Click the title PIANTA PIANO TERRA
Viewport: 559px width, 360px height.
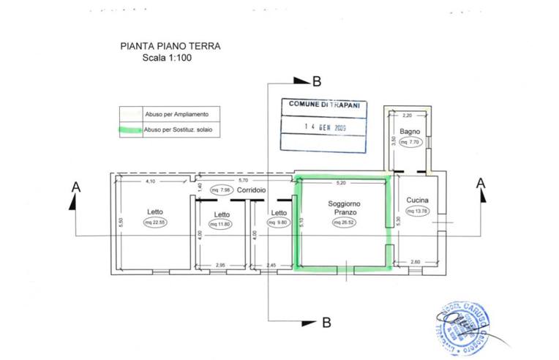tap(170, 45)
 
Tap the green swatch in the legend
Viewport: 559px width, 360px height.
tap(131, 129)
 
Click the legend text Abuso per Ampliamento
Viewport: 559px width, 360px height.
tap(177, 114)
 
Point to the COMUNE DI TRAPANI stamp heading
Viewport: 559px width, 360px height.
tap(324, 105)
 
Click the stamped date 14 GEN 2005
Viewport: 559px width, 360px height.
tap(325, 126)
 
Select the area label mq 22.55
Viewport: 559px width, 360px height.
tap(154, 224)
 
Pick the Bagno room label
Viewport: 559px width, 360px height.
tap(409, 132)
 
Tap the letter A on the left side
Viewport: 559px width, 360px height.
tap(76, 188)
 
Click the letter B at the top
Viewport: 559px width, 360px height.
tap(317, 81)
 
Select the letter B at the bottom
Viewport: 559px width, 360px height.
tap(327, 321)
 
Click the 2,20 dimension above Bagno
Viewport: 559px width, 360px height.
tap(408, 115)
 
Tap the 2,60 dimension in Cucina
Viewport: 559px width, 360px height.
tap(416, 262)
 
